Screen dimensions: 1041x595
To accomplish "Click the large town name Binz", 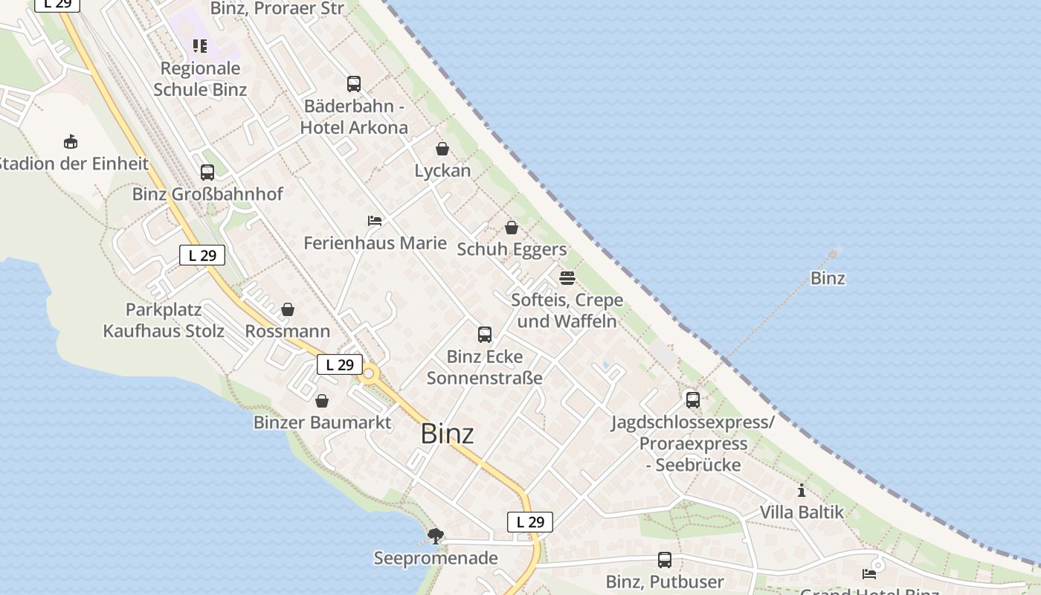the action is point(447,434).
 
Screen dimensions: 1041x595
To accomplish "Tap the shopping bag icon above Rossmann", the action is point(288,309).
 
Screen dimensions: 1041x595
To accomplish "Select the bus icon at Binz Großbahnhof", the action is point(207,173).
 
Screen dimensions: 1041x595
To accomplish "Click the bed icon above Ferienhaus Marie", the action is point(375,221).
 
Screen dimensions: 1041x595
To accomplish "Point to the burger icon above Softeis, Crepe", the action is point(567,278).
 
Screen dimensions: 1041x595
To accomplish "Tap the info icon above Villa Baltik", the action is point(802,491).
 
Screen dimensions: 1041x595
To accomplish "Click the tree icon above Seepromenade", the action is point(436,535).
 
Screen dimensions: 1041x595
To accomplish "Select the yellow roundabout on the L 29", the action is point(368,374).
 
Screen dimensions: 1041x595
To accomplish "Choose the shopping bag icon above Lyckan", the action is point(442,149).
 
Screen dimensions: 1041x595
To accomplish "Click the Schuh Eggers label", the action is point(512,249).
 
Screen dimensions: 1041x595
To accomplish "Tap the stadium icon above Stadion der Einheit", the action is point(71,141).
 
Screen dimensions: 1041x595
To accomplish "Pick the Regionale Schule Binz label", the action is point(200,79).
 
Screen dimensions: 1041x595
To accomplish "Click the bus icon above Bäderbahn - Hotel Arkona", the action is point(354,84).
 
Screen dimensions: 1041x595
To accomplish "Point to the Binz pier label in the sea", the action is point(828,278).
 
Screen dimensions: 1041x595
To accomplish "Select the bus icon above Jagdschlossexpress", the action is point(693,400).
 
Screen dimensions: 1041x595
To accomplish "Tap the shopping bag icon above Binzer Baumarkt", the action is point(322,402).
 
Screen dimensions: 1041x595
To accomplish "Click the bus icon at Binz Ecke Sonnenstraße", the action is point(485,335).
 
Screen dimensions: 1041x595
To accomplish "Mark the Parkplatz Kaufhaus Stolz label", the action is point(164,321).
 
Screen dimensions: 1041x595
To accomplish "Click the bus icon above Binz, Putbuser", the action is point(665,560).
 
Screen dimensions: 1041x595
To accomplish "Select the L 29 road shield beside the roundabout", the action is point(340,364).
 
